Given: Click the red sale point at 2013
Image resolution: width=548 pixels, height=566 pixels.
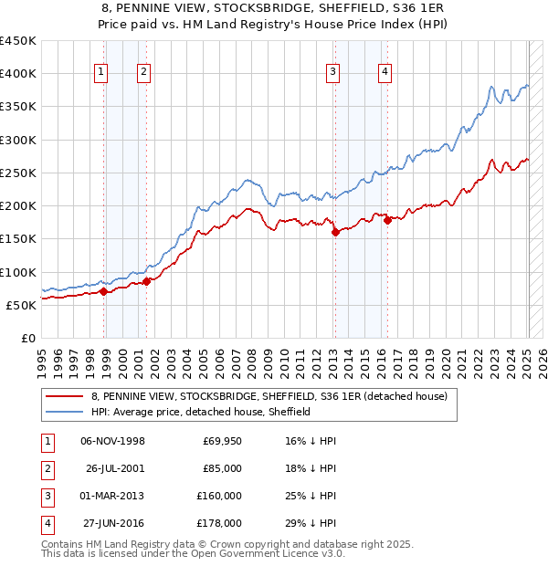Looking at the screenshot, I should pyautogui.click(x=335, y=232).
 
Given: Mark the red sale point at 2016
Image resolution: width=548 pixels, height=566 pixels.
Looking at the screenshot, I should pyautogui.click(x=387, y=219).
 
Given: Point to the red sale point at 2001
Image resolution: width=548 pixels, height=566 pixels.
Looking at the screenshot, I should pyautogui.click(x=147, y=281).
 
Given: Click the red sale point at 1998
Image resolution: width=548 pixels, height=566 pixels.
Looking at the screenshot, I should pyautogui.click(x=104, y=292).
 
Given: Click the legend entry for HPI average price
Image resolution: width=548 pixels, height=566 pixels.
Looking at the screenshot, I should pyautogui.click(x=201, y=412).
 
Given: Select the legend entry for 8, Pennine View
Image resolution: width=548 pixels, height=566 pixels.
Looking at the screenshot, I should pyautogui.click(x=269, y=396).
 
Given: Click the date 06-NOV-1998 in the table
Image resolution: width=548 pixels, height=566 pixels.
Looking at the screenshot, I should pyautogui.click(x=112, y=441).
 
